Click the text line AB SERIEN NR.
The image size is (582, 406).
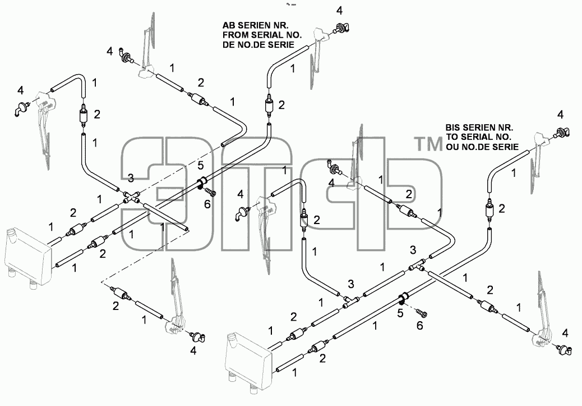[255, 25]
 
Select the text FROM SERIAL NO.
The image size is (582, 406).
[262, 35]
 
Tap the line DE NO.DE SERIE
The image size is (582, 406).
[258, 44]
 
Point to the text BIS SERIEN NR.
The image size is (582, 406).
[479, 127]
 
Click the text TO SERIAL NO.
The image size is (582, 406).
[478, 137]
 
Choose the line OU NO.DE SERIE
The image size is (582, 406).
[482, 147]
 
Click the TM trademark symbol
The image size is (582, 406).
[428, 144]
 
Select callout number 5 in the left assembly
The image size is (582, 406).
[200, 165]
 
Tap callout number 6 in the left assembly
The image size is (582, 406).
[207, 204]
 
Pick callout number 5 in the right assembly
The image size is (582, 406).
[400, 313]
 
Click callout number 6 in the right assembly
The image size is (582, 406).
[419, 325]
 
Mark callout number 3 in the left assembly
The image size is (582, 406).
[131, 179]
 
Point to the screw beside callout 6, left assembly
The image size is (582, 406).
[210, 193]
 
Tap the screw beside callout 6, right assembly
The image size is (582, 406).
[422, 313]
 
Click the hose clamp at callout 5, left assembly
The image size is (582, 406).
[202, 183]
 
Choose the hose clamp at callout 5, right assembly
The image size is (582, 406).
[403, 298]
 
